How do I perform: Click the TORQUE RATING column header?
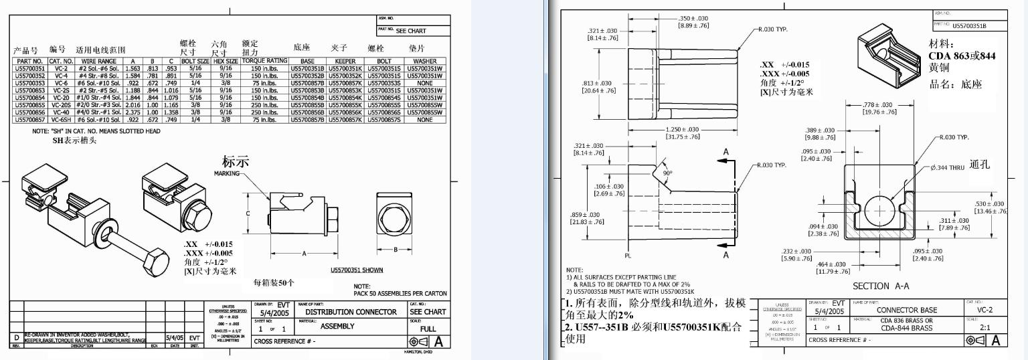(x=264, y=61)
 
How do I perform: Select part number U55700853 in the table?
(x=29, y=90)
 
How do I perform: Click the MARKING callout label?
(x=226, y=173)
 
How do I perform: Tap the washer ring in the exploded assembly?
(x=104, y=230)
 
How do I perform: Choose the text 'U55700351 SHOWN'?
(x=357, y=271)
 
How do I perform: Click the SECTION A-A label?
(x=880, y=286)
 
